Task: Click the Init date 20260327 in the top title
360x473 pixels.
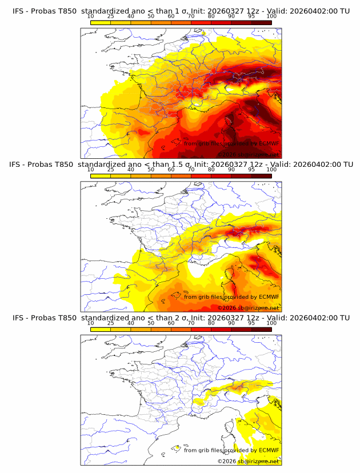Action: tap(223, 11)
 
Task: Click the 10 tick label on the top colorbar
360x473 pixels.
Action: tap(90, 17)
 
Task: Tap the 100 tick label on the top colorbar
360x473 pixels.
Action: tap(271, 17)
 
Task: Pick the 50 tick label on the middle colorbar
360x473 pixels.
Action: tap(151, 170)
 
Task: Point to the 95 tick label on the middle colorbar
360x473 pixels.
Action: tap(251, 170)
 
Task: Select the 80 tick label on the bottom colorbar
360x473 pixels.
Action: tap(211, 323)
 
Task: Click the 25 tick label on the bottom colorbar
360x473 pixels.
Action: tap(110, 323)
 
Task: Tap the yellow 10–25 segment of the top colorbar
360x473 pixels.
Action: tap(101, 22)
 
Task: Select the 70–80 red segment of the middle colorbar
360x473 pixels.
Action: tap(201, 176)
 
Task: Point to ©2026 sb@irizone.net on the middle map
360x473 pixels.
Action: tap(248, 308)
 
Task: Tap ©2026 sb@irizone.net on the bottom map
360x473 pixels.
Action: tap(248, 461)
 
